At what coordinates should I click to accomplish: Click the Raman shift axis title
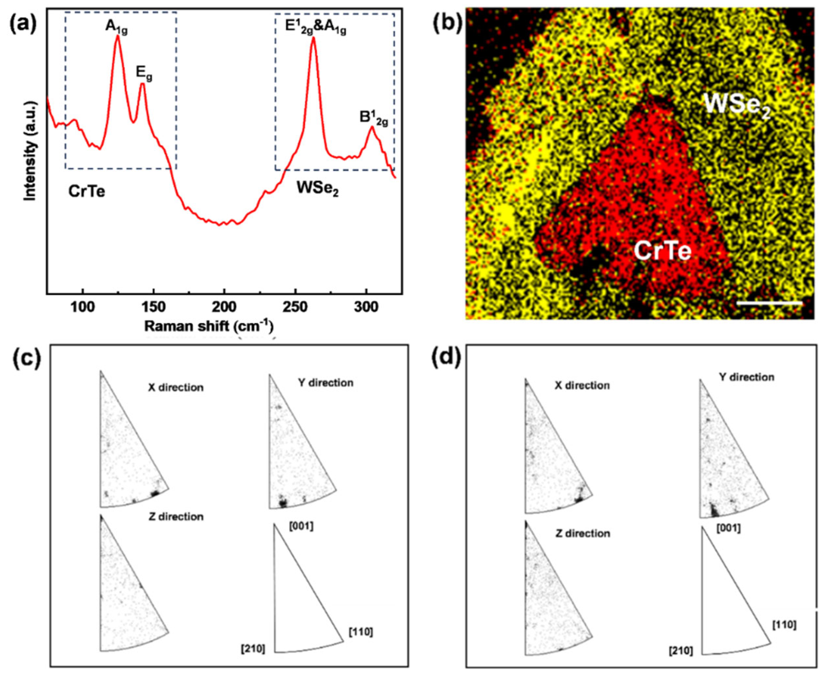[x=209, y=327]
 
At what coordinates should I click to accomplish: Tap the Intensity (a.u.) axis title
[x=30, y=151]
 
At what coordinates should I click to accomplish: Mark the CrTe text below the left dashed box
[x=86, y=191]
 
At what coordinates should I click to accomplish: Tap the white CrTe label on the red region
[x=663, y=251]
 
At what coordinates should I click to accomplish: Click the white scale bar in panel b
[x=769, y=302]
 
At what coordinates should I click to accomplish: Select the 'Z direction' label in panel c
[x=176, y=517]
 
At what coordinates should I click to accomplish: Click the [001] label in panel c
[x=301, y=527]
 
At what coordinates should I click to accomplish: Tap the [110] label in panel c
[x=361, y=632]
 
